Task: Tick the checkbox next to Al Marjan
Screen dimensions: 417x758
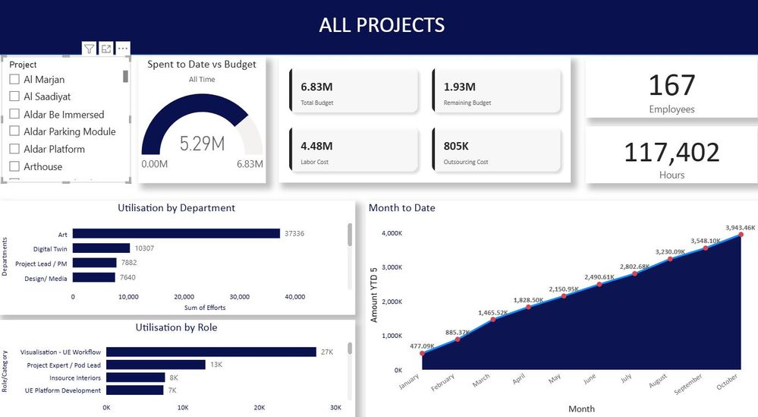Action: click(x=14, y=79)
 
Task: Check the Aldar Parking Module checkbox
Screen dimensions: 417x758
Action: click(x=14, y=131)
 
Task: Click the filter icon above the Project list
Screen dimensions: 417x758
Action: click(x=90, y=49)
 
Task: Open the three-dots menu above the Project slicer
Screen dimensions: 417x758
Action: click(x=123, y=49)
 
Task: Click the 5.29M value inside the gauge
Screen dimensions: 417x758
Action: click(x=202, y=144)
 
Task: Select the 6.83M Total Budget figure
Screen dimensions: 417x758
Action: click(x=315, y=87)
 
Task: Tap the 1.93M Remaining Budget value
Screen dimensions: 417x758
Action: click(x=460, y=87)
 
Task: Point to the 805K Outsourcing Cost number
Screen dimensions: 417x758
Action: click(x=457, y=146)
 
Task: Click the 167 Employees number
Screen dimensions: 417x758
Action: click(x=672, y=84)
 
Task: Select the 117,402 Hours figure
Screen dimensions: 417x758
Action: click(x=672, y=152)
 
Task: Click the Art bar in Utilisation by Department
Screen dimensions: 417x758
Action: click(x=176, y=234)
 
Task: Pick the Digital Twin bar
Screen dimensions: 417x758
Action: click(x=101, y=248)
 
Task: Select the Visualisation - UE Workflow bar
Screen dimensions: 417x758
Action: click(x=211, y=352)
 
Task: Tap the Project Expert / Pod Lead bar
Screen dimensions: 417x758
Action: click(x=156, y=365)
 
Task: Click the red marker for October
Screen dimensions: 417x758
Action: click(x=741, y=235)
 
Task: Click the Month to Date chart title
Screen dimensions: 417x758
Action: click(x=402, y=207)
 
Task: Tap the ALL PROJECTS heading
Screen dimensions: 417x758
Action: click(x=382, y=25)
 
